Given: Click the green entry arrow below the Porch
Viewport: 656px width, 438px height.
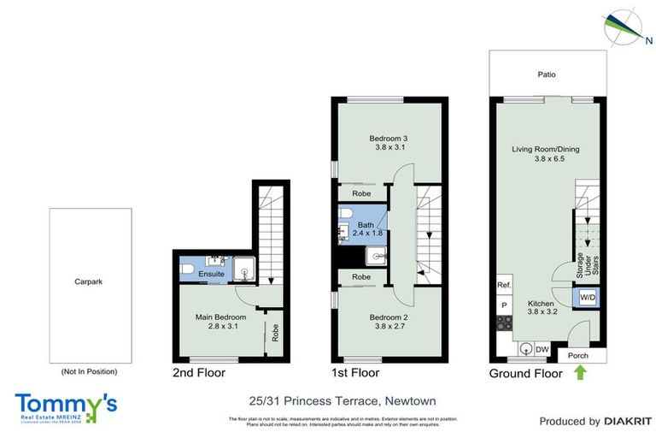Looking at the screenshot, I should [582, 372].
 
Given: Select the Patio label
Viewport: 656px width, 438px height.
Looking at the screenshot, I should [546, 74].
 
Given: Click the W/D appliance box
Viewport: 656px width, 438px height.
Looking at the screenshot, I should [588, 297].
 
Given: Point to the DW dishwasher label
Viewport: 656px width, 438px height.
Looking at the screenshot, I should [541, 348].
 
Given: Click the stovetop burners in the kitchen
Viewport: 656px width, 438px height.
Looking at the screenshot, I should [504, 323].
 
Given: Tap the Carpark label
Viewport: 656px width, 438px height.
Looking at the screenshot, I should [88, 281].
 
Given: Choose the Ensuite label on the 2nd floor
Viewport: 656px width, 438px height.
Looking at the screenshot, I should [211, 274].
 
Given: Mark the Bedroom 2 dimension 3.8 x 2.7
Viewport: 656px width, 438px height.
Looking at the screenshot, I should [389, 326].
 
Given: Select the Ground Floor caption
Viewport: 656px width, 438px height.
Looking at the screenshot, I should [525, 374].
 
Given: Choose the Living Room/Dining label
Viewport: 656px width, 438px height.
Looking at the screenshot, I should [545, 150].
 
